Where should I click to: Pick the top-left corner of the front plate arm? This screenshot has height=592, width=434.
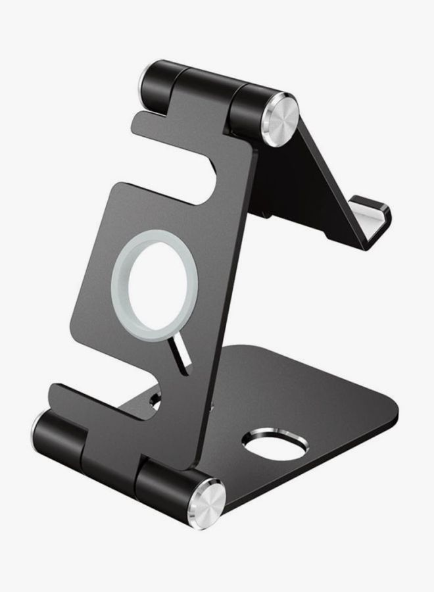point(139,119)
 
